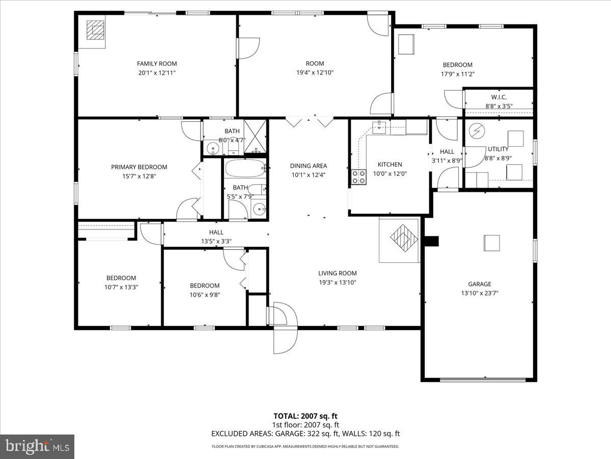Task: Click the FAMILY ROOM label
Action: pos(157,64)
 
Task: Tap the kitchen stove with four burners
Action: pos(359,176)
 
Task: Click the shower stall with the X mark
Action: pos(255,136)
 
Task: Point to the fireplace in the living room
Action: pos(400,239)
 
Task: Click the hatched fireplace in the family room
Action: pos(93,31)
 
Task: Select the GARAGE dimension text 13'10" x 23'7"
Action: pos(480,293)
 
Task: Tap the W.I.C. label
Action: pos(498,97)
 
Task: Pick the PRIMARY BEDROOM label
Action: pos(139,167)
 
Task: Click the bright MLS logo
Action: pos(37,446)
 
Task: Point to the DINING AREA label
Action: pos(309,166)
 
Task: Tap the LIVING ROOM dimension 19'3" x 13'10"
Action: pos(338,282)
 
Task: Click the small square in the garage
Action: pos(491,243)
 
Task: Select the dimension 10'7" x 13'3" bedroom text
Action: pos(121,287)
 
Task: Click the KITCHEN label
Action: pos(390,164)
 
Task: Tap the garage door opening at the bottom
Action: pos(482,379)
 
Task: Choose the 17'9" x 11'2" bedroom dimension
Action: pos(457,74)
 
